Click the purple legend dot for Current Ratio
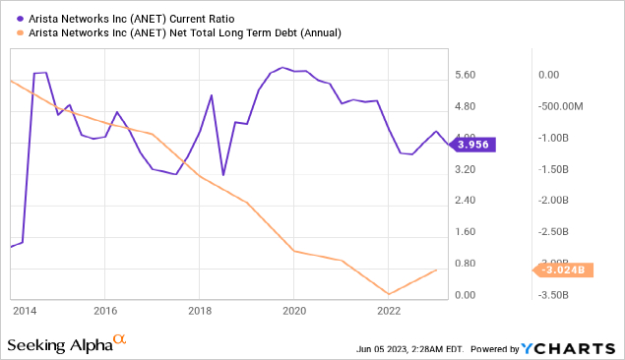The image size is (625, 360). (x=20, y=19)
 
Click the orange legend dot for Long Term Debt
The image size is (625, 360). (x=20, y=32)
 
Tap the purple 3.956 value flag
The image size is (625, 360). (x=472, y=145)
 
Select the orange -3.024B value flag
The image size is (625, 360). (x=563, y=270)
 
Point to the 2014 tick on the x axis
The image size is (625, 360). (x=25, y=311)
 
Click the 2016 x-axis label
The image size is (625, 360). (x=105, y=311)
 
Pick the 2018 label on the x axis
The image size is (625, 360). (x=200, y=311)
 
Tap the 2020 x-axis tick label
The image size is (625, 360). (x=294, y=311)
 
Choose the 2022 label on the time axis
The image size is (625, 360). (x=389, y=311)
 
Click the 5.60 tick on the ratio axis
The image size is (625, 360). (x=466, y=75)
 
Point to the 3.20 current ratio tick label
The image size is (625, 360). (x=466, y=169)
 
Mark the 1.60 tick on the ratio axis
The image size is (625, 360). (x=466, y=232)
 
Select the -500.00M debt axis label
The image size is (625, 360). (x=560, y=106)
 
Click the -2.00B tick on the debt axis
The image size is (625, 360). (x=553, y=200)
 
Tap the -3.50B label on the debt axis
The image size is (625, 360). (x=553, y=295)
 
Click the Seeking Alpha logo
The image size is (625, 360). (x=67, y=343)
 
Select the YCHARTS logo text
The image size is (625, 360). (x=568, y=349)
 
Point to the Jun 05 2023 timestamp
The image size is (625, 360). (x=409, y=349)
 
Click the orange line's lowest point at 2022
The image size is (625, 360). (x=389, y=294)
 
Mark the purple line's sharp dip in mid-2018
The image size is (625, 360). (x=223, y=175)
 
